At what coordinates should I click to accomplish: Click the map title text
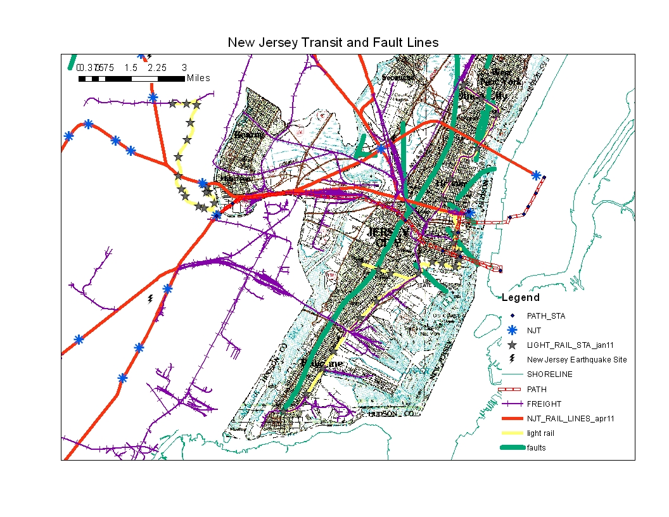coord(333,43)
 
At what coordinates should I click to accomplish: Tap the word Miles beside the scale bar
coord(198,79)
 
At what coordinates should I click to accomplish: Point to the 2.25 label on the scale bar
coord(157,68)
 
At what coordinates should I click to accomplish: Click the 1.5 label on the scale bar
coord(131,68)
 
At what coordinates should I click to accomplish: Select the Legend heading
coord(521,298)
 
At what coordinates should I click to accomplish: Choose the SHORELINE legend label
coord(549,374)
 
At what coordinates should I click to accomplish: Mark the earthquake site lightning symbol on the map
coord(150,298)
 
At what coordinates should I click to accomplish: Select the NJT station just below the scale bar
coord(153,98)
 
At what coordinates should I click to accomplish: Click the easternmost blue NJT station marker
coord(536,175)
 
